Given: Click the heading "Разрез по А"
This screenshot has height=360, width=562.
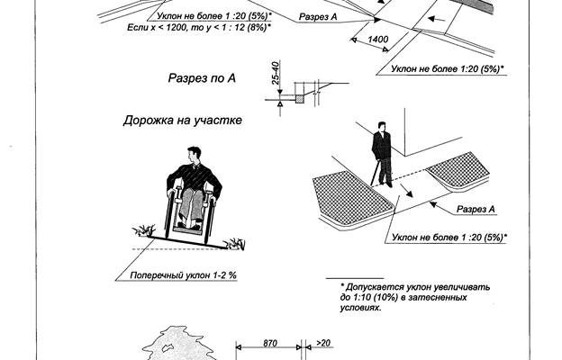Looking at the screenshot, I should pos(201,79).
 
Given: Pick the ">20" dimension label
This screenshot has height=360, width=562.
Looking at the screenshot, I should pos(325,344).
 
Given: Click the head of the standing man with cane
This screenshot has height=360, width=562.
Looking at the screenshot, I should pos(382,129).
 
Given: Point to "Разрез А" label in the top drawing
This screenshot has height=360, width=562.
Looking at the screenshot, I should pos(321,17).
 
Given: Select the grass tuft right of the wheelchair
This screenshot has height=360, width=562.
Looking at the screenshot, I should pos(237,242).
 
